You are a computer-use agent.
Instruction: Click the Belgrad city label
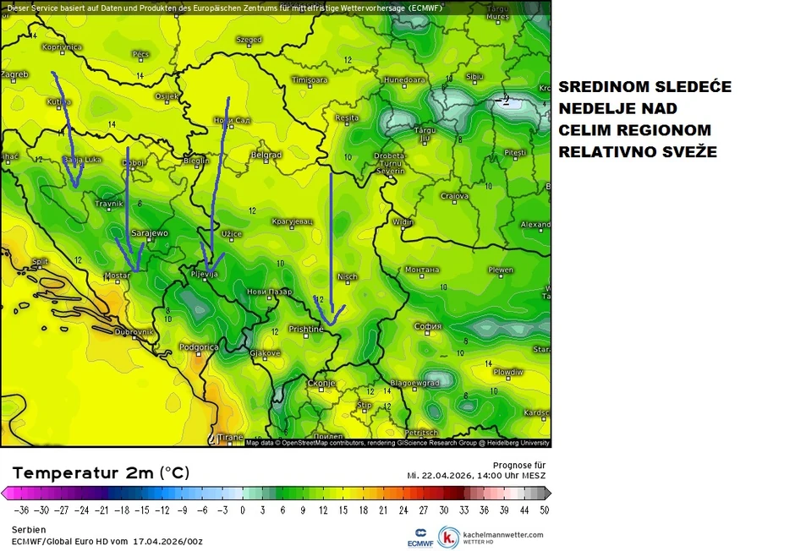tap(266, 155)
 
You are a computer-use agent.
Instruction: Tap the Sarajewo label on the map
tap(151, 232)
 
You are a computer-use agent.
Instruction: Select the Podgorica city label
tap(200, 346)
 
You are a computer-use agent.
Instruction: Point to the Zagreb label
tap(15, 74)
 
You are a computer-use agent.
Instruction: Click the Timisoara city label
tap(309, 80)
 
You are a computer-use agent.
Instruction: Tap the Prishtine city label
tap(306, 329)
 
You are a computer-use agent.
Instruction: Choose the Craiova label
tap(455, 196)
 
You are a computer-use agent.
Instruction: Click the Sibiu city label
tap(474, 77)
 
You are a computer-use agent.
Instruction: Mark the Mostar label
tap(117, 275)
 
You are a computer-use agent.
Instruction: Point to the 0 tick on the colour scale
tap(243, 510)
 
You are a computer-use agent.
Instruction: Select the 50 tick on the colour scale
tap(544, 510)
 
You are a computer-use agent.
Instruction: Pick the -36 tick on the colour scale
tap(23, 510)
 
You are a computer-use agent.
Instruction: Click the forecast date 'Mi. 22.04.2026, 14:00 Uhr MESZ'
tap(476, 476)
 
